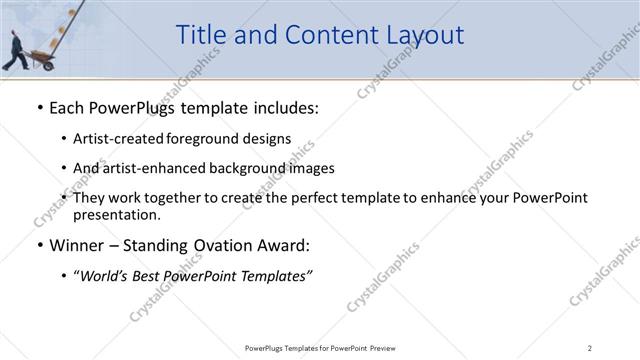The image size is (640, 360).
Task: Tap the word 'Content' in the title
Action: pyautogui.click(x=320, y=35)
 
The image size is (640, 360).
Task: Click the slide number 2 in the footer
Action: pyautogui.click(x=590, y=347)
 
